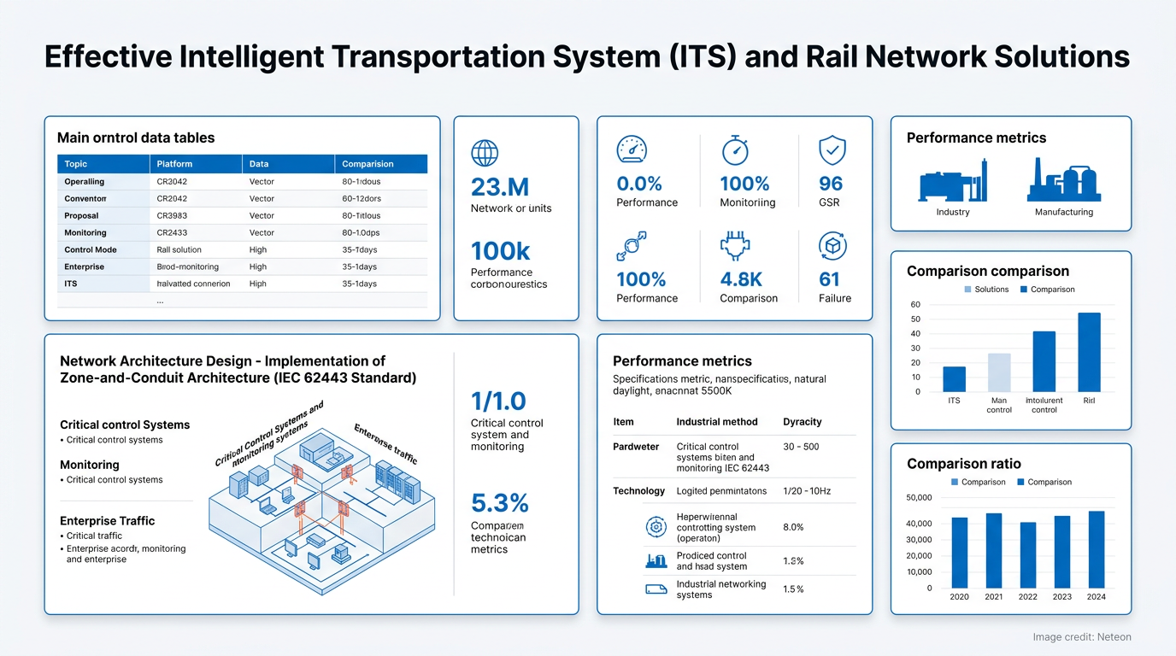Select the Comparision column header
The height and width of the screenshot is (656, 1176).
point(367,164)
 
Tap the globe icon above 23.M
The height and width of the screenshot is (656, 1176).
point(485,153)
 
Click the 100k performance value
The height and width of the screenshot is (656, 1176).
point(500,251)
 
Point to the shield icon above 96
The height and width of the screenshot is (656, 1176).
point(832,151)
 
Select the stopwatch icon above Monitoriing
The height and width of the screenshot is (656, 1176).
point(735,150)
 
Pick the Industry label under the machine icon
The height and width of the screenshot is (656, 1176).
point(953,212)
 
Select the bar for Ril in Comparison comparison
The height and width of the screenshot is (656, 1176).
point(1089,352)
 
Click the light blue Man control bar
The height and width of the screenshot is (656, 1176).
point(999,372)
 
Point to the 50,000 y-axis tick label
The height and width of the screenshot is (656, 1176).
point(918,498)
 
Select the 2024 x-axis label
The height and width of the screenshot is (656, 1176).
point(1097,597)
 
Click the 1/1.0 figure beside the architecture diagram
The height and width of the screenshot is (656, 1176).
point(498,401)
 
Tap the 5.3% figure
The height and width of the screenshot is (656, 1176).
point(500,502)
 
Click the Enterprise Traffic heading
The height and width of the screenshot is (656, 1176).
point(108,521)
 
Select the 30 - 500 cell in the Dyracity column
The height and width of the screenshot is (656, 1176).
point(800,447)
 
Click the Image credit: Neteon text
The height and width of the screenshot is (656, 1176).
point(1081,637)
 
